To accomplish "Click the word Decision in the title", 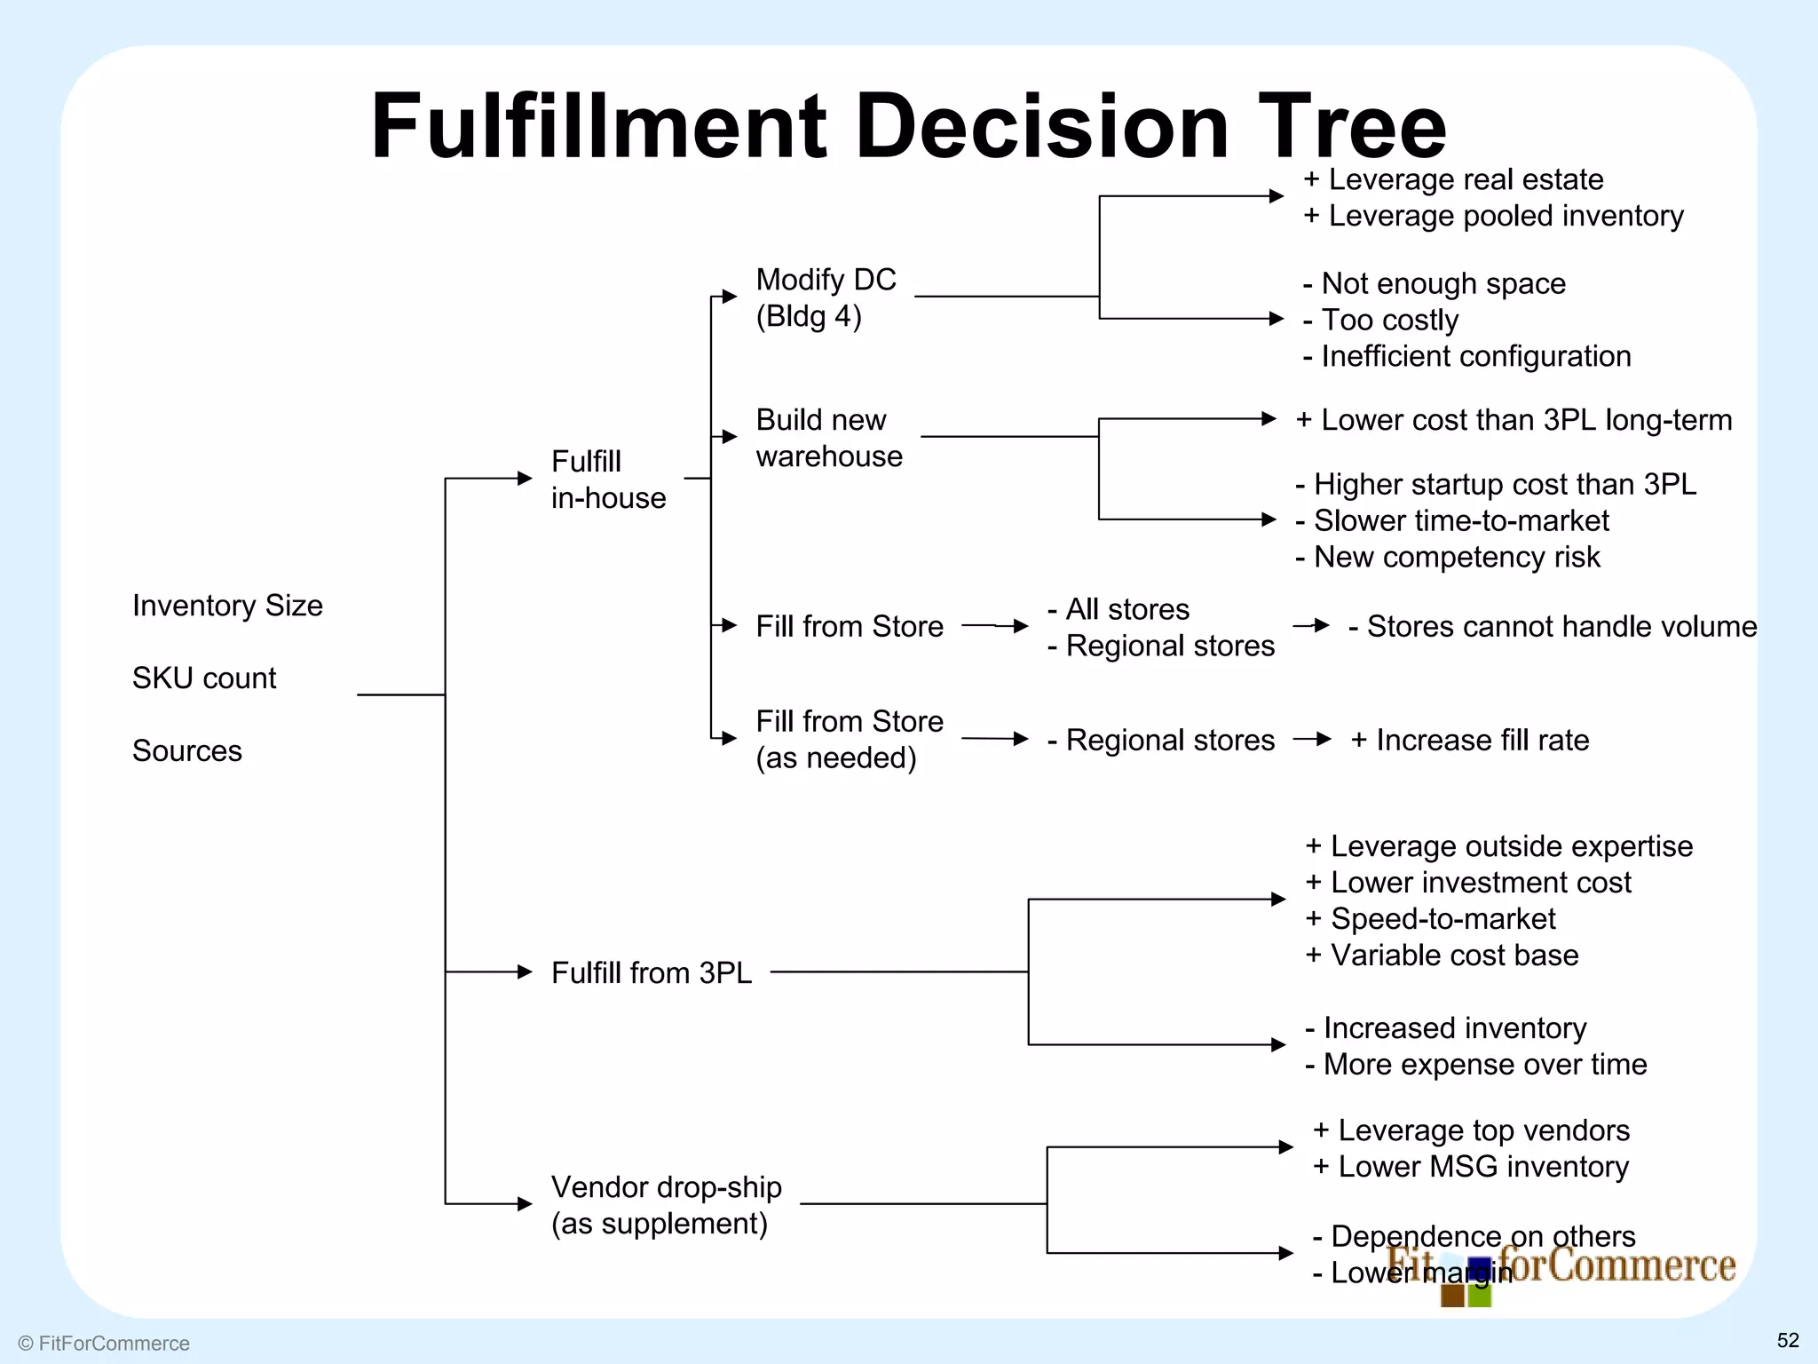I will [x=1041, y=126].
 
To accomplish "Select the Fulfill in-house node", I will [x=607, y=480].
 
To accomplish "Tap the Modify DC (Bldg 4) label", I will [x=826, y=297].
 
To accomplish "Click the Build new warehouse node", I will [x=828, y=438].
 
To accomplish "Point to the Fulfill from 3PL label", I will [x=651, y=972].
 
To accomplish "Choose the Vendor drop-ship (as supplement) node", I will [x=666, y=1205].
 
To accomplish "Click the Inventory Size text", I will [x=227, y=606].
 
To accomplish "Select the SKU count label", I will [x=204, y=678].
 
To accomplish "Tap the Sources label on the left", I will [x=186, y=751].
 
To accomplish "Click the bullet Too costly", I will [x=1388, y=320].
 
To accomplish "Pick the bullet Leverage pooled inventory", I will [x=1504, y=216].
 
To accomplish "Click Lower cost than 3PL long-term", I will [x=1524, y=420].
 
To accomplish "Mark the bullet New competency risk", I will [x=1456, y=558].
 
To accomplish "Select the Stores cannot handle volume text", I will [x=1560, y=627].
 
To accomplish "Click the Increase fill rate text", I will [x=1481, y=740].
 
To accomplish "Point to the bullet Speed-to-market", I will [x=1442, y=919].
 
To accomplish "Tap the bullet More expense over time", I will [x=1483, y=1065].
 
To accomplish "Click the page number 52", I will [x=1787, y=1340].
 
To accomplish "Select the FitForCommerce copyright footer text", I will [x=105, y=1344].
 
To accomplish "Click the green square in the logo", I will [x=1479, y=1296].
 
